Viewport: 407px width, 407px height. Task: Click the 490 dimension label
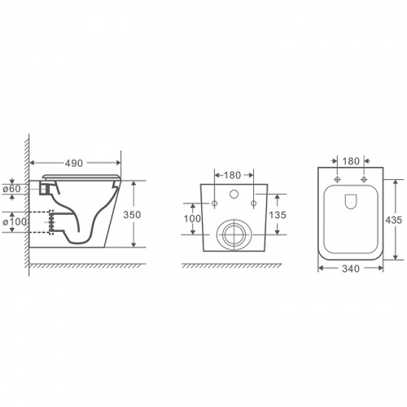(74, 164)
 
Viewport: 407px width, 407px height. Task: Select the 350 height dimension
(132, 215)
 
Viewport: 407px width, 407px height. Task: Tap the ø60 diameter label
(11, 189)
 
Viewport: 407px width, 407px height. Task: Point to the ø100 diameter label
(15, 222)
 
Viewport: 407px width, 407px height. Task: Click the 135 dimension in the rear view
(278, 215)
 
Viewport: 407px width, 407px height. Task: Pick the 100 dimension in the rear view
(193, 218)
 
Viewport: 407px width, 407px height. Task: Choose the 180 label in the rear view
(232, 175)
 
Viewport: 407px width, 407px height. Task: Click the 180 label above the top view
(351, 161)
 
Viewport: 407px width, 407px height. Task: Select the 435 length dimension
(394, 220)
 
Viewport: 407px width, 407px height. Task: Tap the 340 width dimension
(351, 269)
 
